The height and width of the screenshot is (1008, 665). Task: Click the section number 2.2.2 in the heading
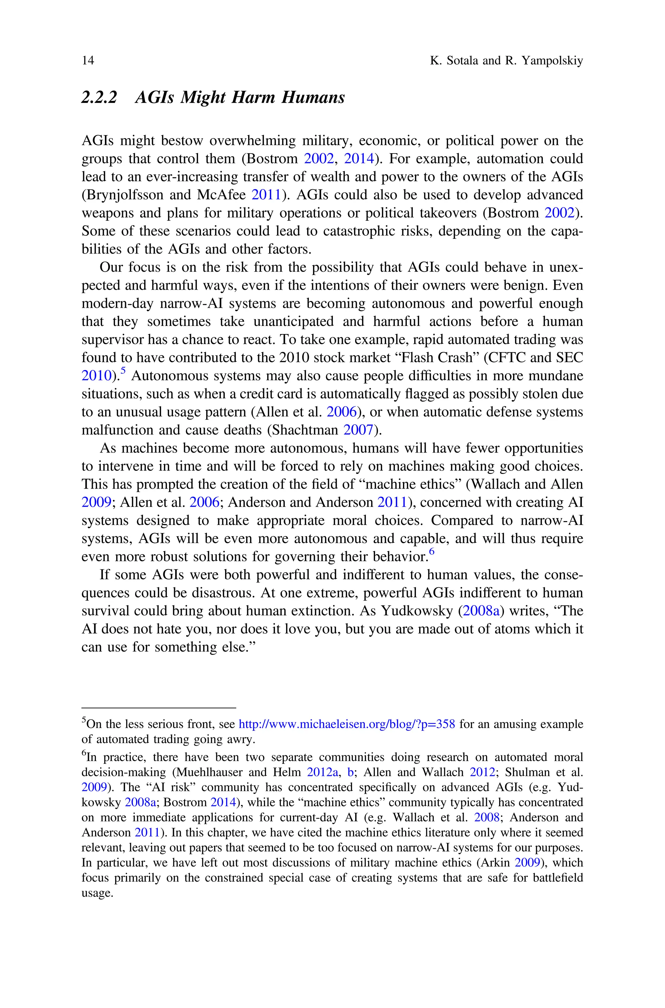tap(99, 97)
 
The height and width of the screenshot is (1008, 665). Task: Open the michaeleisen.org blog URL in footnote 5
tap(347, 724)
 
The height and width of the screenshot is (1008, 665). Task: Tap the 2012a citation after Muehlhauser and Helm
tap(322, 772)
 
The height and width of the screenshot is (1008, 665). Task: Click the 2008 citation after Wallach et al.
tap(486, 817)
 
